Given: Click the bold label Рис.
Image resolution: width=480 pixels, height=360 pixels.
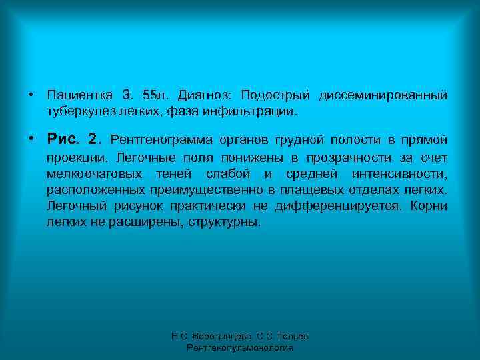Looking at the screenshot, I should coord(63,139).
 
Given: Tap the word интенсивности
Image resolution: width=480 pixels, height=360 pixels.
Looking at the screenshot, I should coord(406,174).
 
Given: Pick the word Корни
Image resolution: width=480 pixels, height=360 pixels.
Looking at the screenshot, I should coord(429,206).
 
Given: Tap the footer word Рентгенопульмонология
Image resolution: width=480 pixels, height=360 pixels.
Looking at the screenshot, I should coord(240,348).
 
